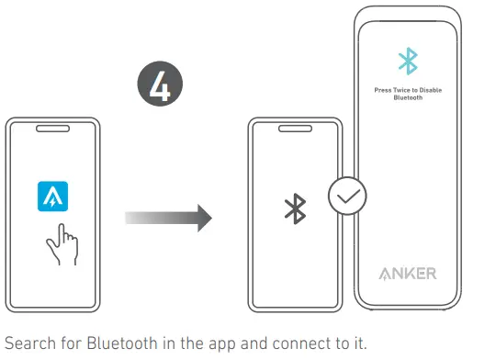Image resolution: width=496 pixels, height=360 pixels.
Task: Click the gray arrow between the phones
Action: (168, 219)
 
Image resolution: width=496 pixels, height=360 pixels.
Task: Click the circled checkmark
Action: (348, 195)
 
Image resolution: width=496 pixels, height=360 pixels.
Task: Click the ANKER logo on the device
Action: (408, 274)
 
